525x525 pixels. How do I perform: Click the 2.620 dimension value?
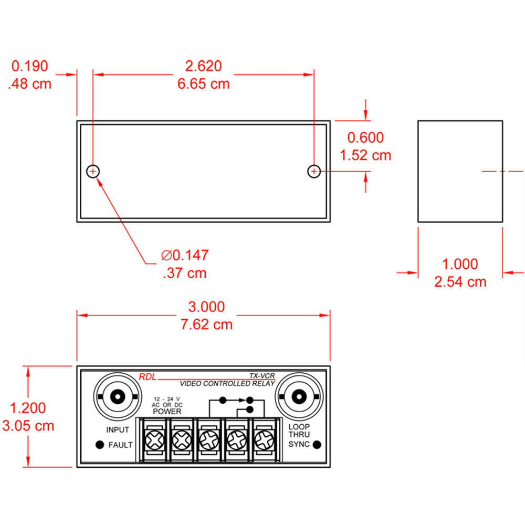(x=204, y=66)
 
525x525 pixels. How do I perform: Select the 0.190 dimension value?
(x=30, y=66)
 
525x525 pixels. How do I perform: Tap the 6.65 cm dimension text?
(x=204, y=84)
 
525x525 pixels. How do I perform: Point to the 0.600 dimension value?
(x=366, y=138)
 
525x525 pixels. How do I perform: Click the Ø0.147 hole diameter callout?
(x=185, y=256)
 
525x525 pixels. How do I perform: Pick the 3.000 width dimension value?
(x=206, y=307)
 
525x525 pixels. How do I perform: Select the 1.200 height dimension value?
(x=28, y=407)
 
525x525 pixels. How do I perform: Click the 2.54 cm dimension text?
(x=460, y=282)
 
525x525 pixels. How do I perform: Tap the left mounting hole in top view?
(x=93, y=171)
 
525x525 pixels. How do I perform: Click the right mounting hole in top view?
(x=313, y=171)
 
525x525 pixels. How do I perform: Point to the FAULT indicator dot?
(x=99, y=445)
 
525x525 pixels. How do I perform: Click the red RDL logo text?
(x=148, y=376)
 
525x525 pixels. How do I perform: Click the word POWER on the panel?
(x=167, y=412)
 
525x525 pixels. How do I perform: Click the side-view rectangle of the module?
(x=460, y=171)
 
